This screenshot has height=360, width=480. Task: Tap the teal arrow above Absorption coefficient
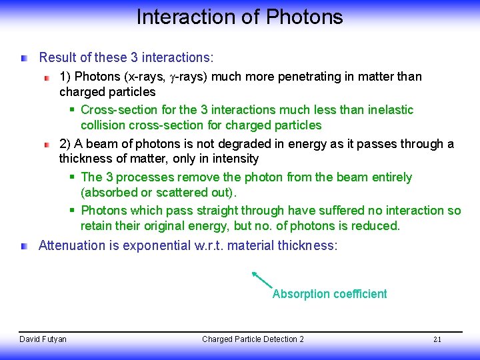[263, 279]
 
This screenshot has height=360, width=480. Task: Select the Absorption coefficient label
[329, 294]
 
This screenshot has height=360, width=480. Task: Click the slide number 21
[437, 339]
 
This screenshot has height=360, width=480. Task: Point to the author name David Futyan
[43, 339]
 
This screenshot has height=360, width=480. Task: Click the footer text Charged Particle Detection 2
[253, 339]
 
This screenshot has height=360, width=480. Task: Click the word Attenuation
[71, 245]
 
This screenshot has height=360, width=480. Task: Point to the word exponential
[153, 245]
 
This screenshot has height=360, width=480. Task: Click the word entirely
[389, 177]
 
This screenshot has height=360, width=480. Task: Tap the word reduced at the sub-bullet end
[377, 226]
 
